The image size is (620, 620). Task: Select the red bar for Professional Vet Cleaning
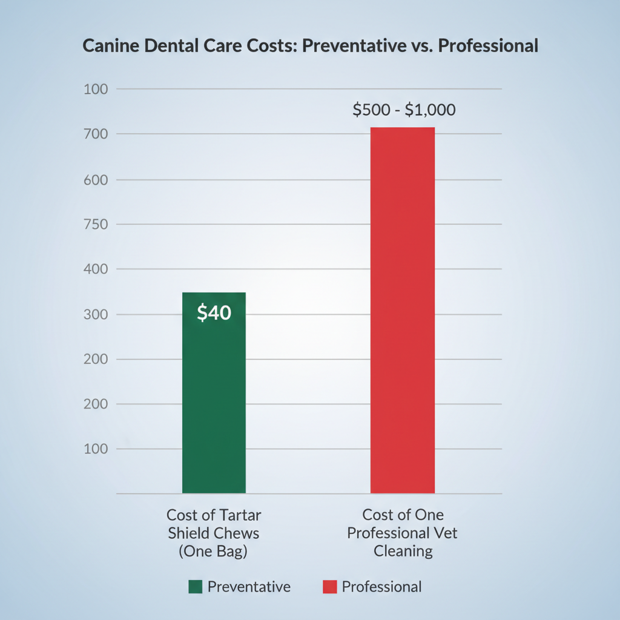coord(402,315)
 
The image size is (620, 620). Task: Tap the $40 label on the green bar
coord(214,313)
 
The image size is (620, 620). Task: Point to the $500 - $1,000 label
coord(404,110)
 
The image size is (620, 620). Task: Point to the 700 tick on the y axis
coord(95,134)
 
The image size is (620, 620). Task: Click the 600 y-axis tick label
coord(95,180)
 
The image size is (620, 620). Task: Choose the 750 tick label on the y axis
coord(95,225)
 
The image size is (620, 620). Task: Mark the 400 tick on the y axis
coord(95,269)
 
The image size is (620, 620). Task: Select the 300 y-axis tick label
coord(95,315)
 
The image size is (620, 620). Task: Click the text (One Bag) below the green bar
coord(214,551)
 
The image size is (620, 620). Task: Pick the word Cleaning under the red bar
coord(403,551)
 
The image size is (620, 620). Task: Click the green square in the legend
coord(195,587)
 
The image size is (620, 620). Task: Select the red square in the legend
coord(329,587)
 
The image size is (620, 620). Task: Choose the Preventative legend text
coord(249,587)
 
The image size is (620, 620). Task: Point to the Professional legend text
coord(381,587)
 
